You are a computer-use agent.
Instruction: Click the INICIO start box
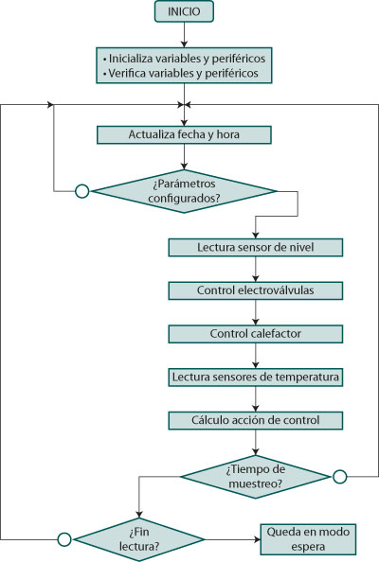coord(184,11)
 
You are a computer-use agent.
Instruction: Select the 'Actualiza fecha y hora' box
coord(184,134)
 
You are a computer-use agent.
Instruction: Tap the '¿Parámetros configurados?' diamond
coord(184,191)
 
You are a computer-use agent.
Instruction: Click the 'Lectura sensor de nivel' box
coord(256,247)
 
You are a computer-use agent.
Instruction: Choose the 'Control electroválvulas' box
coord(256,290)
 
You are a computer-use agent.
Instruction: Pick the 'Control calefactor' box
coord(256,334)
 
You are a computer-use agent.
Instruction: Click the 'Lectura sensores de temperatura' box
coord(256,378)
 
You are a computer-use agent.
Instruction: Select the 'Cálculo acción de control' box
coord(256,420)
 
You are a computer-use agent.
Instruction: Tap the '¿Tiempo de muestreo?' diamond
coord(256,477)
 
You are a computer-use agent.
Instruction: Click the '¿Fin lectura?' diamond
coord(139,539)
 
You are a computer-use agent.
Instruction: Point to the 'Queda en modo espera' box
coord(308,539)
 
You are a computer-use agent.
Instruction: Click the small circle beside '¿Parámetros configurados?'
coord(82,191)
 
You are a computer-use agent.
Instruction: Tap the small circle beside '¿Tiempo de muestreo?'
coord(340,477)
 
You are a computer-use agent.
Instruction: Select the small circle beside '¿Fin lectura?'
coord(64,539)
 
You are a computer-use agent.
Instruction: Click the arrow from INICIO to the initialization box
coord(184,35)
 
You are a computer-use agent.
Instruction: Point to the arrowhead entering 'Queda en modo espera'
coord(258,539)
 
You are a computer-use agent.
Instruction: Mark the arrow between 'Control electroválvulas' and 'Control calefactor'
coord(256,312)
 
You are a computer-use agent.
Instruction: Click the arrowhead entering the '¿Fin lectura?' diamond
coord(139,515)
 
